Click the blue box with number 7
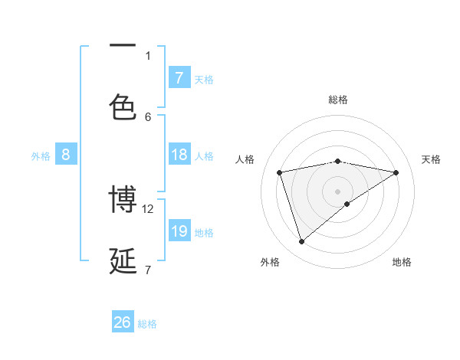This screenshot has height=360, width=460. pyautogui.click(x=179, y=77)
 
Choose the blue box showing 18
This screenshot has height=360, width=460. pyautogui.click(x=179, y=155)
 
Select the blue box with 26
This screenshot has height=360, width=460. pyautogui.click(x=123, y=322)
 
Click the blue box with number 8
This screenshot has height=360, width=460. pyautogui.click(x=66, y=155)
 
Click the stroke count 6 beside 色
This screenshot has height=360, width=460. pyautogui.click(x=148, y=116)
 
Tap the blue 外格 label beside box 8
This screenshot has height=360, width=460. pyautogui.click(x=41, y=156)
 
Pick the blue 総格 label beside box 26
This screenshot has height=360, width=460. pyautogui.click(x=147, y=324)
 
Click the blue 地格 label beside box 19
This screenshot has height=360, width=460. pyautogui.click(x=204, y=233)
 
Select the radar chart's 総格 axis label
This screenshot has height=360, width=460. pyautogui.click(x=338, y=100)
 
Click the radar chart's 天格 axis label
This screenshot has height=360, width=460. pyautogui.click(x=432, y=159)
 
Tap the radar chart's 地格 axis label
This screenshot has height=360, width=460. pyautogui.click(x=402, y=262)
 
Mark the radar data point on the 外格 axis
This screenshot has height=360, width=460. pyautogui.click(x=301, y=242)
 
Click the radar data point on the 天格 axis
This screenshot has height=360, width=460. pyautogui.click(x=396, y=172)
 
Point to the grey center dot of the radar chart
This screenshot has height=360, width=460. pyautogui.click(x=338, y=191)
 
